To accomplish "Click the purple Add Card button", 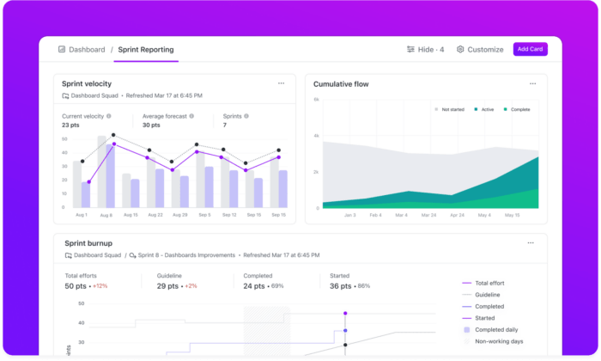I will point(530,49).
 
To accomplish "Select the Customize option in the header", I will point(480,50).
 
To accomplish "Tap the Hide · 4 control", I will point(425,50).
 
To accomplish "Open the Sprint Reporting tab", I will point(146,50).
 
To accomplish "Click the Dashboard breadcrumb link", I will point(82,50).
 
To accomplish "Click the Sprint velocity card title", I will point(87,83).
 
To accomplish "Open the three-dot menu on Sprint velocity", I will point(281,83).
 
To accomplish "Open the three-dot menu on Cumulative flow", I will point(532,83).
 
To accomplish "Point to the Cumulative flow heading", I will point(342,84).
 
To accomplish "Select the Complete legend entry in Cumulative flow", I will point(518,110).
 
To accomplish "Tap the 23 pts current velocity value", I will point(71,125).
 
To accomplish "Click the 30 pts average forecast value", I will point(152,125).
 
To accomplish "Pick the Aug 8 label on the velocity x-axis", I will point(106,215).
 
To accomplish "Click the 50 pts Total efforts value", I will point(76,285).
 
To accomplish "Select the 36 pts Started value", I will point(330,285).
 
